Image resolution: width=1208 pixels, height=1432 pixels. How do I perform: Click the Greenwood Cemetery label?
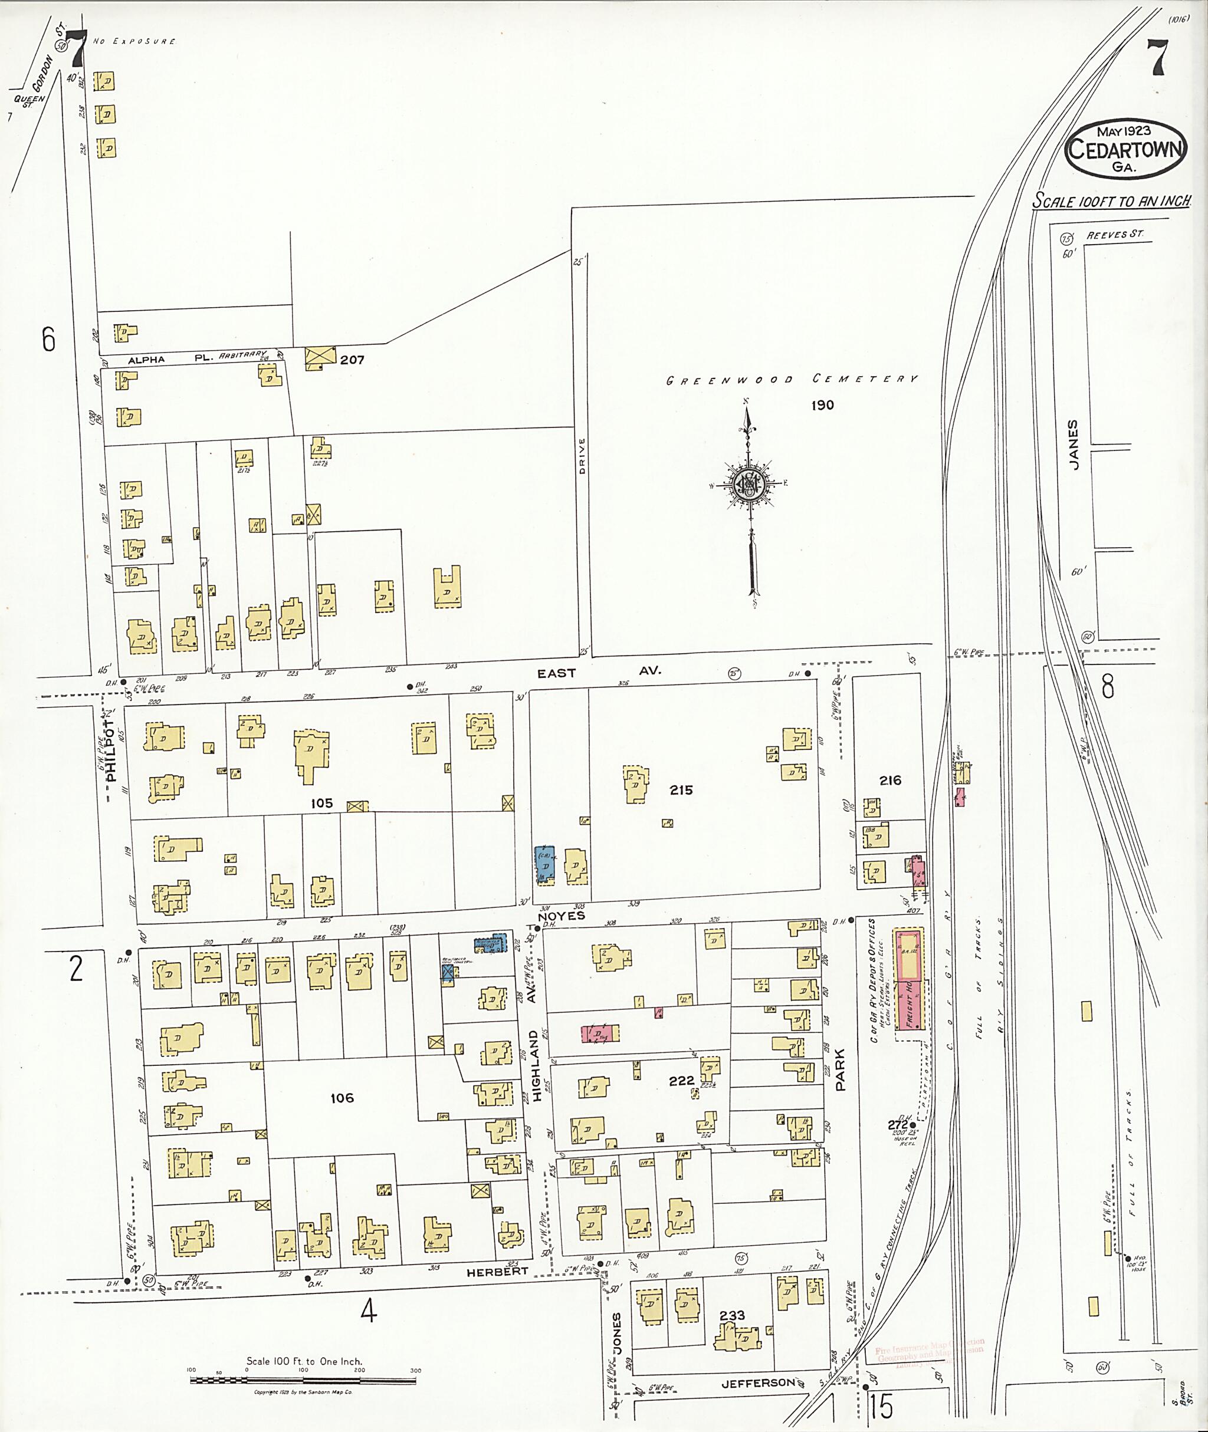click(792, 379)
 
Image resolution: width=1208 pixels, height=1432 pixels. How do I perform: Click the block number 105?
click(321, 803)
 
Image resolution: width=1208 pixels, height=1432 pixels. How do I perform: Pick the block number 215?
click(681, 790)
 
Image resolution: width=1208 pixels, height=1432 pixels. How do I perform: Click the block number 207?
click(353, 360)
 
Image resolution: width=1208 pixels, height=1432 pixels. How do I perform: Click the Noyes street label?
click(562, 916)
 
